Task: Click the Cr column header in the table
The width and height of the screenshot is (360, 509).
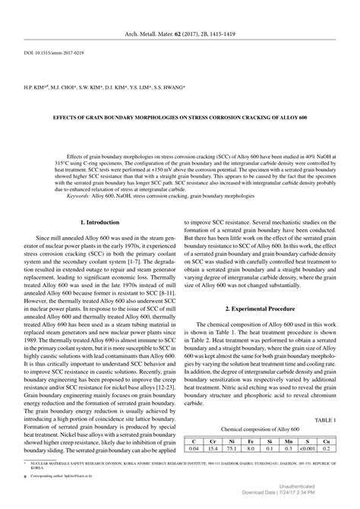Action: coord(213,461)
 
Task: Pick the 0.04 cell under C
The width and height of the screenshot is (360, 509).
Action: coord(194,469)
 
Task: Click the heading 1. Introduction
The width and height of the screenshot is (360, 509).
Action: coord(99,222)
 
